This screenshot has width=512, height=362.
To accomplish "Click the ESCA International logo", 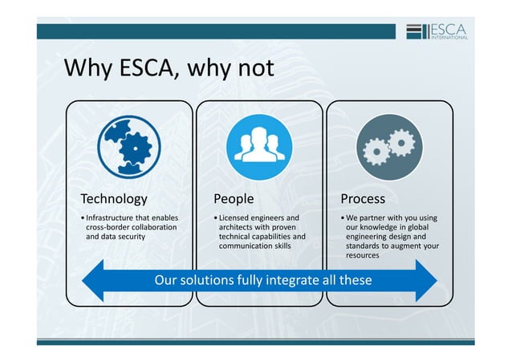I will coord(441,31).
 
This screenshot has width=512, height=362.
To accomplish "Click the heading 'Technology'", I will coord(114,198).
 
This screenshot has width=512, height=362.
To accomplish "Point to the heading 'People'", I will coord(234,198).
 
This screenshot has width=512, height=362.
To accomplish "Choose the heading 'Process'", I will coord(363,198).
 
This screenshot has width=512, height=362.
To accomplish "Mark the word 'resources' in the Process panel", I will coord(364,256).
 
